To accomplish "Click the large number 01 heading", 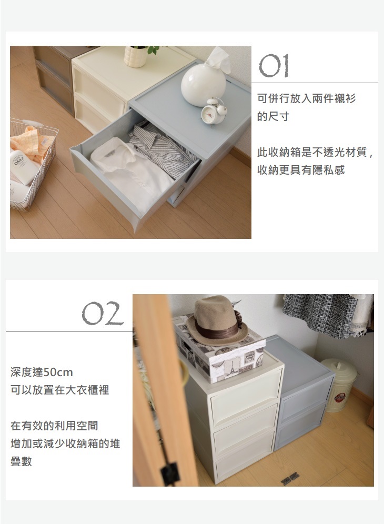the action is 274,66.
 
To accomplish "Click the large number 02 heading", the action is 102,314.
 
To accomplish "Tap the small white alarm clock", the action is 214,111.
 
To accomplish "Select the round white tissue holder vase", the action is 203,85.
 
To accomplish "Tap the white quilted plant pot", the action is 135,56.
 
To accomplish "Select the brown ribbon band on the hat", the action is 217,330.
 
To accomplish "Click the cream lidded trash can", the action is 338,385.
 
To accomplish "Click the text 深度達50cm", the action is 42,372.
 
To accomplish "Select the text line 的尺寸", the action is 272,117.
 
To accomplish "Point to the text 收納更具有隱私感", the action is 300,170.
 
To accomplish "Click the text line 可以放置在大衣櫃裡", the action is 59,390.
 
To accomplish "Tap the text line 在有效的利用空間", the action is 54,426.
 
